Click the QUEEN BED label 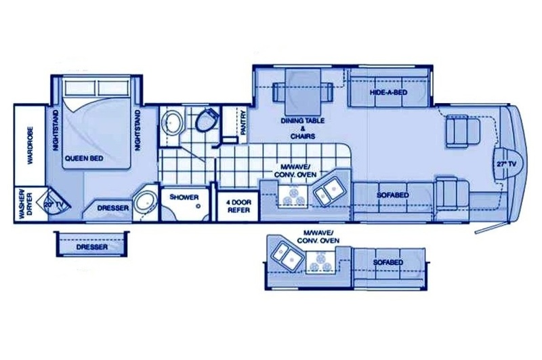point(84,159)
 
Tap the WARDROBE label point(30,146)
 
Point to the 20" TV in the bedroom point(54,204)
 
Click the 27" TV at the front point(507,165)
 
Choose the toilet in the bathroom point(207,119)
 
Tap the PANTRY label point(243,123)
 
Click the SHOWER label point(184,197)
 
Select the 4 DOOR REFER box point(238,206)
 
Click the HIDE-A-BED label point(388,93)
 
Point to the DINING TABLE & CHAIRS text point(302,128)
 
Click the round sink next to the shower point(146,203)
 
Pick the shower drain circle point(199,206)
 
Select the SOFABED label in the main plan point(393,195)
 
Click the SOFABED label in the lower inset point(388,262)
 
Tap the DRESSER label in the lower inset point(92,247)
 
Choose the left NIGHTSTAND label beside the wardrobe point(56,130)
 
